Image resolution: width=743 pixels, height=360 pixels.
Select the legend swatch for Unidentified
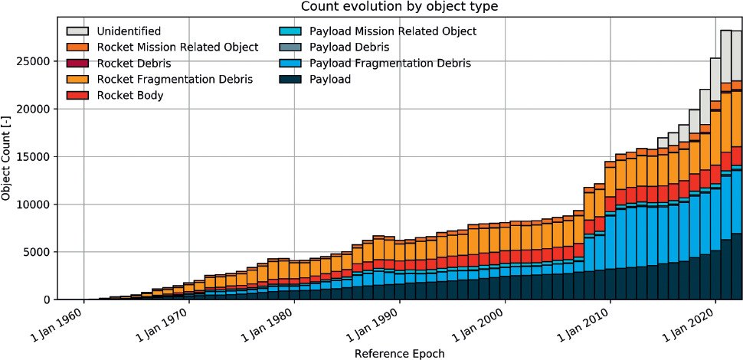tap(79, 31)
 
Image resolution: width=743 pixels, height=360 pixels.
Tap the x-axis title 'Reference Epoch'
tap(399, 353)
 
